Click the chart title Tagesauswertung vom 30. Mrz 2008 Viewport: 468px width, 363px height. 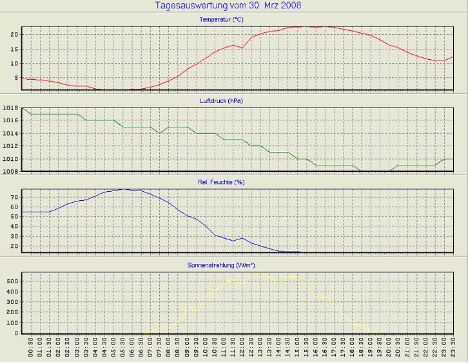tap(228, 6)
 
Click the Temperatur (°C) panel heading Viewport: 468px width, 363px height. tap(221, 20)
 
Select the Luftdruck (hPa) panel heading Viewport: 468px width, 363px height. tap(221, 101)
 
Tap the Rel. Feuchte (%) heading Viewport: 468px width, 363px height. tap(221, 182)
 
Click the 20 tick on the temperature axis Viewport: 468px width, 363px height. tap(15, 33)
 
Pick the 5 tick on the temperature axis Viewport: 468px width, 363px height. tap(17, 78)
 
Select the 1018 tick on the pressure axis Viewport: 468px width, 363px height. tap(10, 107)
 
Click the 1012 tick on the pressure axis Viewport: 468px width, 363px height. tap(10, 146)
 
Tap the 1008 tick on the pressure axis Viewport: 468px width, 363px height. tap(10, 172)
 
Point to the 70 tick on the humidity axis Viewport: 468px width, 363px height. tap(15, 196)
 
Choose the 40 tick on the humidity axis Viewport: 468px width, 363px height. tap(15, 226)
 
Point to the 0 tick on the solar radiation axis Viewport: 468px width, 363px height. tap(17, 333)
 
